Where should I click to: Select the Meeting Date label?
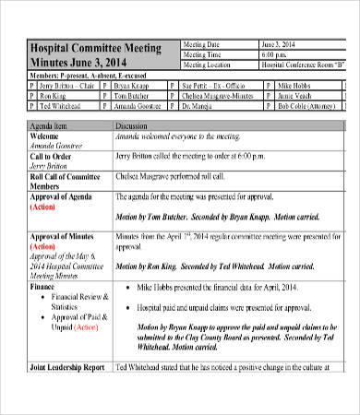(x=201, y=44)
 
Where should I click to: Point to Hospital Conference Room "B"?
(x=296, y=65)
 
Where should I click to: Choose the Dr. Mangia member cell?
(x=198, y=106)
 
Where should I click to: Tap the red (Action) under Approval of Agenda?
(x=42, y=207)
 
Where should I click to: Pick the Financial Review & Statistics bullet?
(x=78, y=301)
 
